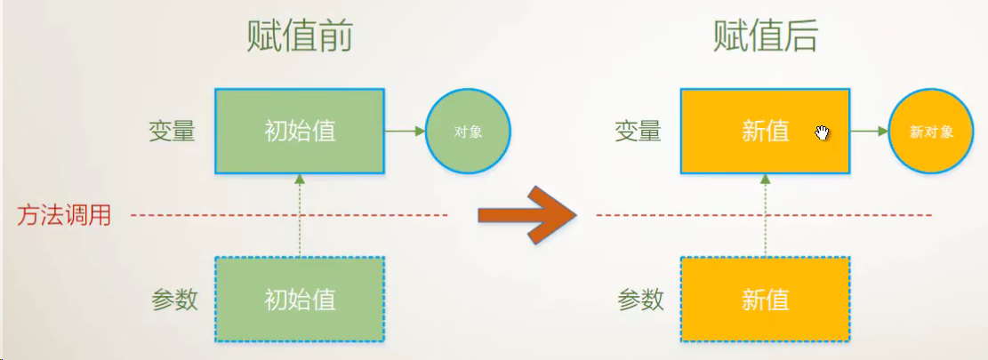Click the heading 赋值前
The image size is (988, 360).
tap(300, 37)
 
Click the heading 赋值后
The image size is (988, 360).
tap(766, 37)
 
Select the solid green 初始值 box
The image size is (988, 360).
tap(300, 131)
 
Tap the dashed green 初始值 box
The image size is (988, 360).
tap(300, 299)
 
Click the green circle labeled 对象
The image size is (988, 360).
tap(468, 132)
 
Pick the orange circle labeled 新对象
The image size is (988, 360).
tap(931, 132)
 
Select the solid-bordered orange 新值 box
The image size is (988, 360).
tap(766, 131)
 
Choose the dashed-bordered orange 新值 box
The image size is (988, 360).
tap(766, 299)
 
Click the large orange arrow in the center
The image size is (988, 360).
tap(528, 215)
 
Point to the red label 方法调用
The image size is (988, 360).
tap(64, 216)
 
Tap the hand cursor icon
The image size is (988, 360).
tap(822, 132)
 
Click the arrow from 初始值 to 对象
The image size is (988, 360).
tap(406, 131)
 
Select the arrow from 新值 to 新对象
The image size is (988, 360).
tap(870, 131)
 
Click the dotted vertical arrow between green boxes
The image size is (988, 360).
tap(300, 215)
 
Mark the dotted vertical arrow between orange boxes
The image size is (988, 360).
tap(766, 215)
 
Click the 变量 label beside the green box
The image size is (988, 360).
tap(172, 132)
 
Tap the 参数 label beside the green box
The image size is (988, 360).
tap(174, 300)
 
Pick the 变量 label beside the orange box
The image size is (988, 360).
tap(638, 132)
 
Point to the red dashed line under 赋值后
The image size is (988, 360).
tap(764, 216)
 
